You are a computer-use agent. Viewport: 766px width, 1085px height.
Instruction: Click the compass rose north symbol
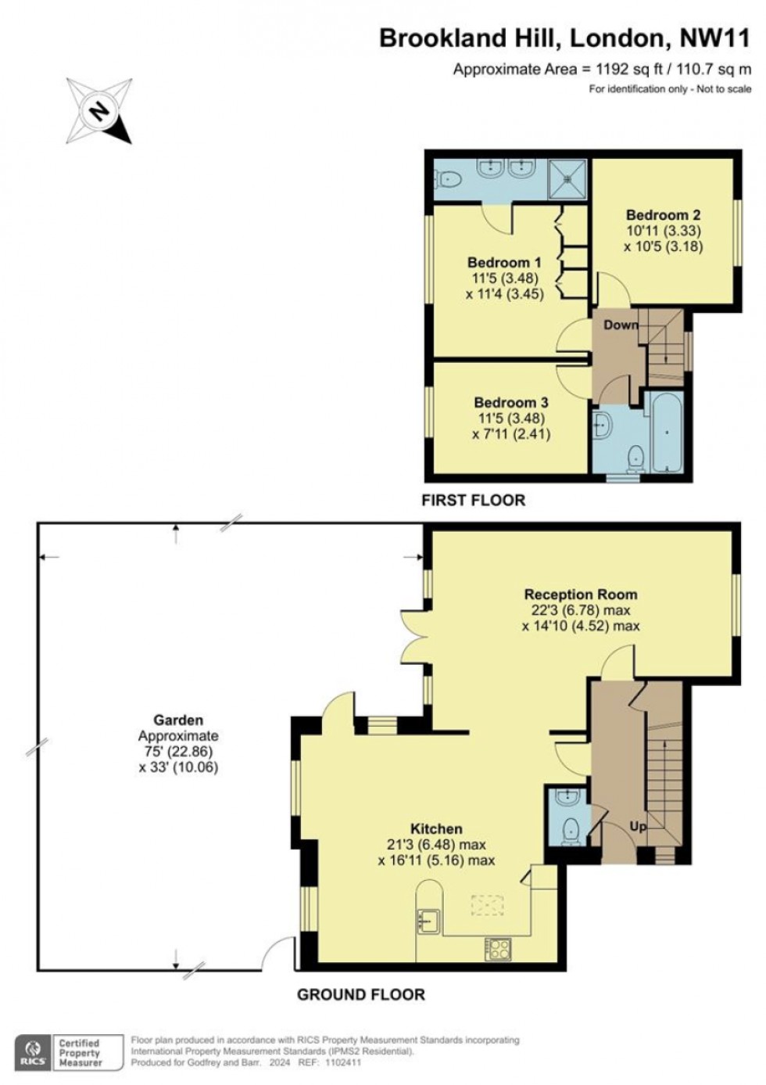(x=100, y=111)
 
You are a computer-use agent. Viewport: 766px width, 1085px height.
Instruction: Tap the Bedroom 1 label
(x=504, y=263)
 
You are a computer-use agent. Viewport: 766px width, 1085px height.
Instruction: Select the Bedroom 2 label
(x=663, y=214)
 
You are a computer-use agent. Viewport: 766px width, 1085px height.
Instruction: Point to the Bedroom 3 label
(x=511, y=403)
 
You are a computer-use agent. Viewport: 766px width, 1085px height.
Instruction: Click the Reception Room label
(x=581, y=594)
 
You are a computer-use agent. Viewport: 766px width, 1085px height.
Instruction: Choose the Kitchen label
(x=436, y=828)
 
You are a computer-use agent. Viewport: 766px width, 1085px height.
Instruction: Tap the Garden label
(x=178, y=720)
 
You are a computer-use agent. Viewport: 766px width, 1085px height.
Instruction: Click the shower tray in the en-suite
(x=567, y=179)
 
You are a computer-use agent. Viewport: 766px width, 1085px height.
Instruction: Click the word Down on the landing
(x=621, y=325)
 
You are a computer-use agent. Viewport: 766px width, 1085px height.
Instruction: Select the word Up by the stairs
(x=637, y=827)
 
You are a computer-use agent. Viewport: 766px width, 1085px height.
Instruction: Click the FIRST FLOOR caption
(x=473, y=500)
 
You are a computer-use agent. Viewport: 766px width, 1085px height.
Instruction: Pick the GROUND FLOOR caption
(x=361, y=994)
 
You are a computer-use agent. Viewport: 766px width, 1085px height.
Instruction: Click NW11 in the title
(x=715, y=38)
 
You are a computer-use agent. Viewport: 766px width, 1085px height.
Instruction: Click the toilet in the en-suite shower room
(x=448, y=179)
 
